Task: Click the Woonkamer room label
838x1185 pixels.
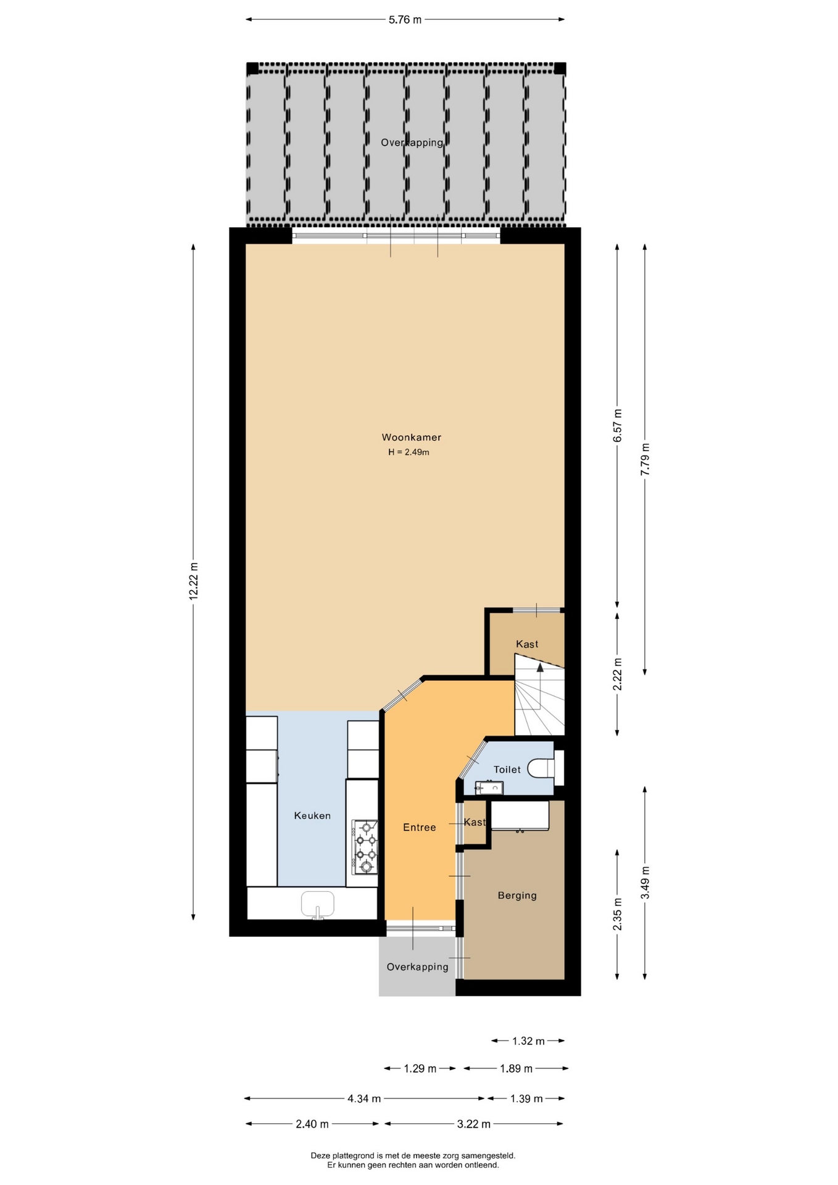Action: [x=411, y=438]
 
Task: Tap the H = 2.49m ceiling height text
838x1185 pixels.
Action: [x=409, y=452]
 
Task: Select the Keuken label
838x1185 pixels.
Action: [x=312, y=816]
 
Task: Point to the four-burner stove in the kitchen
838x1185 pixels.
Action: [x=365, y=847]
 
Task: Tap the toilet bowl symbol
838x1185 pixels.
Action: [x=541, y=768]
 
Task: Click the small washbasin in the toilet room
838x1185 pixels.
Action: [x=489, y=788]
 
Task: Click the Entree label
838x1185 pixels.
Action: [x=420, y=828]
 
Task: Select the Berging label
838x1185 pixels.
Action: [x=517, y=896]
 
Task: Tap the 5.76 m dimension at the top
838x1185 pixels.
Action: [x=405, y=20]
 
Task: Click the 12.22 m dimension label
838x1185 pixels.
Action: [x=194, y=581]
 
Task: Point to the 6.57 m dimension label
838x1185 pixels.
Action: [x=618, y=426]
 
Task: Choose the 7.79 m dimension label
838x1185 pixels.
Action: [x=645, y=459]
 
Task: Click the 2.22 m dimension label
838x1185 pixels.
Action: [x=618, y=675]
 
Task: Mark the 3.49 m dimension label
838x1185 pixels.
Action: [x=645, y=883]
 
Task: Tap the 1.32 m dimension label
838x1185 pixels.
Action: [x=528, y=1041]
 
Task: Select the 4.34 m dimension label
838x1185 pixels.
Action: [x=364, y=1099]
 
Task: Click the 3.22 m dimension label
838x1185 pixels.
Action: [x=474, y=1124]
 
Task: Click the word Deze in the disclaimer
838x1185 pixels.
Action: [x=321, y=1155]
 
